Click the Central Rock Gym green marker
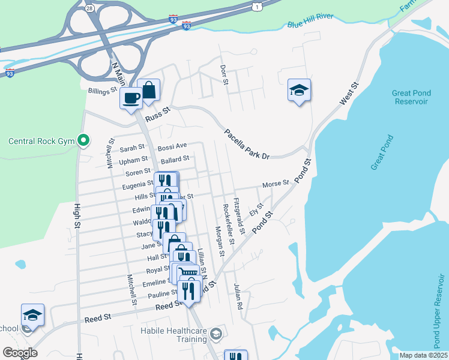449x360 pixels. click(x=84, y=142)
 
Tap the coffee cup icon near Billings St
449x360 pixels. click(x=131, y=98)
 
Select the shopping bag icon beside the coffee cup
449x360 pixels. click(x=148, y=91)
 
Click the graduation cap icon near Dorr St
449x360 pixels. click(x=299, y=90)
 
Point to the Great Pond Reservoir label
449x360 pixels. click(x=411, y=97)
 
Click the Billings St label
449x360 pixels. click(x=101, y=91)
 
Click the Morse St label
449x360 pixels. click(x=276, y=183)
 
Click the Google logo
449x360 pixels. click(x=20, y=353)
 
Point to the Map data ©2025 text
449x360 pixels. click(x=423, y=355)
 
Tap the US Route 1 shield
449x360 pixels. click(x=257, y=6)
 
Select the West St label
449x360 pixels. click(x=349, y=95)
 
